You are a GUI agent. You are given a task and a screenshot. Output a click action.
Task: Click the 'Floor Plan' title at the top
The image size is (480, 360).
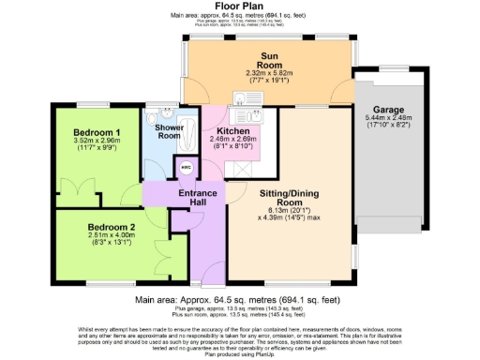pyautogui.click(x=239, y=7)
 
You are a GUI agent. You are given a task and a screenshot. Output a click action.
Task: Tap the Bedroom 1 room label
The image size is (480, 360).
pyautogui.click(x=97, y=132)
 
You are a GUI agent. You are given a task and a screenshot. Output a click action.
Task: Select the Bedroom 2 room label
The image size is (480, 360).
pyautogui.click(x=112, y=227)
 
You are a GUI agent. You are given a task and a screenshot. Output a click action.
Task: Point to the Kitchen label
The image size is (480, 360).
pyautogui.click(x=232, y=131)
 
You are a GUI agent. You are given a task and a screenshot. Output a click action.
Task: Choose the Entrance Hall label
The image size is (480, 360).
pyautogui.click(x=198, y=199)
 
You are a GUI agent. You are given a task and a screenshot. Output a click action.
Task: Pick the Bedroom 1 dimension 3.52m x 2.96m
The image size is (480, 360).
pyautogui.click(x=97, y=142)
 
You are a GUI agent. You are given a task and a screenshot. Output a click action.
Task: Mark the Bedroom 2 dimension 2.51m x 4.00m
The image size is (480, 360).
pyautogui.click(x=112, y=236)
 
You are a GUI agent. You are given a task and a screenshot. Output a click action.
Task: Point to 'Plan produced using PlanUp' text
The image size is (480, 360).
pyautogui.click(x=239, y=354)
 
